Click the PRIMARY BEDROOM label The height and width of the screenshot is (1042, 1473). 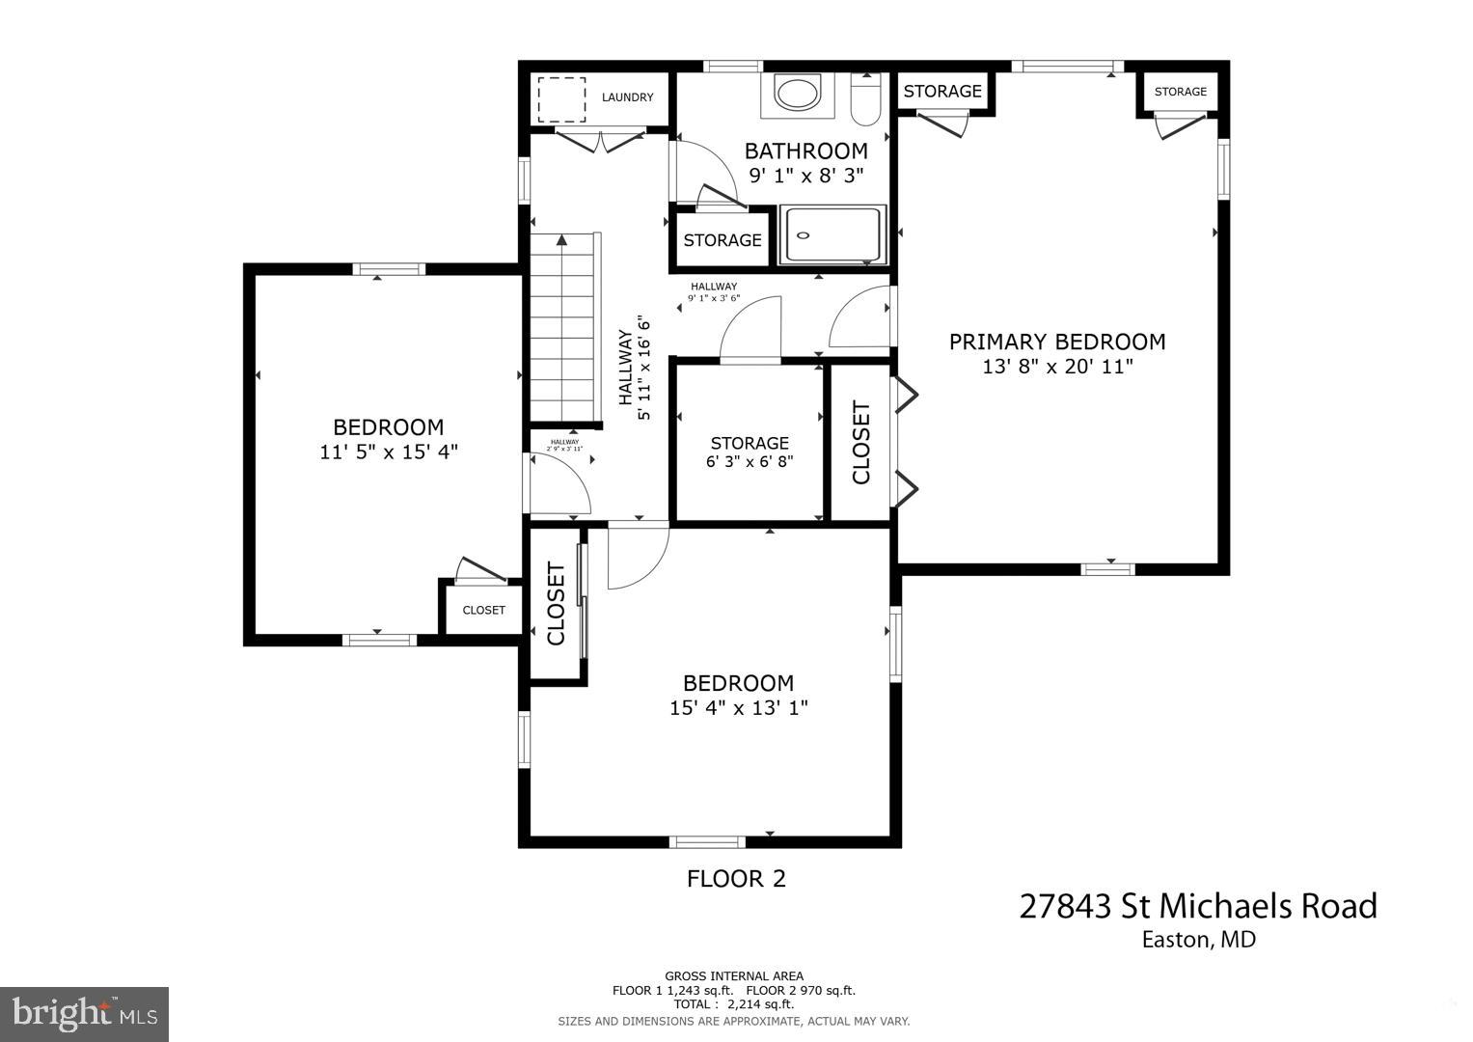click(x=1056, y=342)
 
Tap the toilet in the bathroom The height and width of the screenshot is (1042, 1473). click(x=865, y=99)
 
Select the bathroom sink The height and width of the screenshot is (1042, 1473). click(x=797, y=95)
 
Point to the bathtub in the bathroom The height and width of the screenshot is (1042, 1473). click(x=832, y=234)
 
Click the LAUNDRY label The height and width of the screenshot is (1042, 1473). click(x=627, y=97)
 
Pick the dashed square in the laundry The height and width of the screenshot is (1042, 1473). click(x=561, y=98)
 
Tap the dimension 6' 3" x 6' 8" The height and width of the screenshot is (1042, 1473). click(x=749, y=462)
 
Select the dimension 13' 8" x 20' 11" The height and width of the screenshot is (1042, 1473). click(x=1056, y=367)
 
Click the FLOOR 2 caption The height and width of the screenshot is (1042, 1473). click(x=736, y=879)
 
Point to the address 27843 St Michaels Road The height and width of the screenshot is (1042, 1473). click(x=1198, y=906)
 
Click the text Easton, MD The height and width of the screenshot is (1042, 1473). click(x=1198, y=940)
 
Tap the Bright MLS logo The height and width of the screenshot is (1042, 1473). click(x=85, y=1014)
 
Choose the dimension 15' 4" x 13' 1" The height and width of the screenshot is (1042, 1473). click(x=738, y=708)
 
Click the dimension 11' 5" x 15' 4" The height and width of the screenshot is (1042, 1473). click(x=388, y=452)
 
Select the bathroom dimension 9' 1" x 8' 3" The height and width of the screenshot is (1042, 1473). click(x=805, y=176)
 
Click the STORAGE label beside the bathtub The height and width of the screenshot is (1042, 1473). click(x=723, y=240)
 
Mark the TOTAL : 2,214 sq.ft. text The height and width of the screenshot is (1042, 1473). click(x=733, y=1004)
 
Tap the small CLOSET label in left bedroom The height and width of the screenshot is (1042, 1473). click(x=483, y=610)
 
